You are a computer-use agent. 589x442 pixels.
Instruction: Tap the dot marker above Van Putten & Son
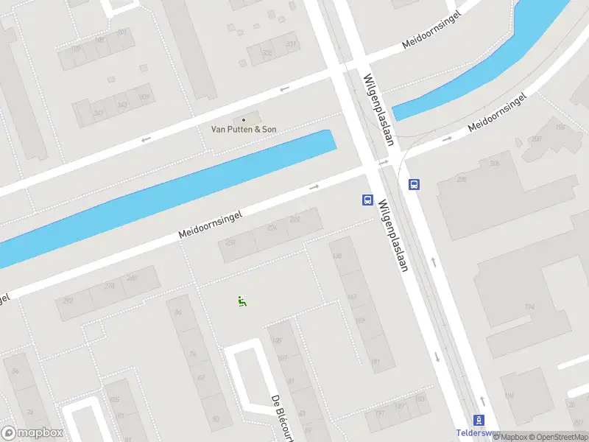coord(244,120)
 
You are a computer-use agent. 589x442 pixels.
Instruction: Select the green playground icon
coord(241,301)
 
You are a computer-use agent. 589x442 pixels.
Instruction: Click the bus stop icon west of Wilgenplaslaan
coord(367,200)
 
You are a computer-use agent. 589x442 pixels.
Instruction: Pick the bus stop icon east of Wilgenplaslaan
coord(414,185)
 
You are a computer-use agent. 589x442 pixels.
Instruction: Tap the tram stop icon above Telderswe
coord(479,420)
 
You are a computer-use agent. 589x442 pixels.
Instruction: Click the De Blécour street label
coord(282,418)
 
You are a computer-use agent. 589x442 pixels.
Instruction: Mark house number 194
coord(529,306)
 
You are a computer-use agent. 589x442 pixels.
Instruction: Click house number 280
coord(132,278)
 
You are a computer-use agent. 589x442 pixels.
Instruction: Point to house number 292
coord(68,301)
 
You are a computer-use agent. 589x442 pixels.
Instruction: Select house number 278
coord(110,286)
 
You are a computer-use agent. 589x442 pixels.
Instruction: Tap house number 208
coord(494,164)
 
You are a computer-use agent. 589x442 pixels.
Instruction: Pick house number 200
coord(536,138)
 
